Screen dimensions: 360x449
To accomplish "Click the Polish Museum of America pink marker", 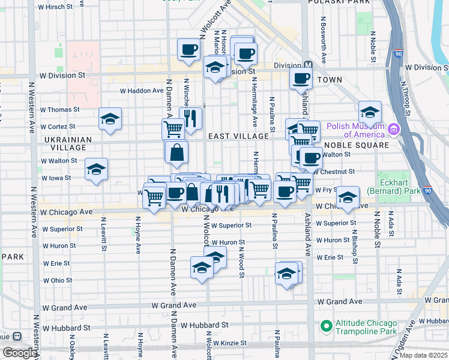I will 394,129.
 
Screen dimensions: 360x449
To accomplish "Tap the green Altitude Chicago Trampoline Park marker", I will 327,326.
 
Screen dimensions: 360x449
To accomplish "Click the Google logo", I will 20,353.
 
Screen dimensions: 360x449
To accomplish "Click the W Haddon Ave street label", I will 142,91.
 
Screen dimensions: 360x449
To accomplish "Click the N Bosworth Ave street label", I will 324,45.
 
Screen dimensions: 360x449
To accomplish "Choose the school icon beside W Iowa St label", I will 96,170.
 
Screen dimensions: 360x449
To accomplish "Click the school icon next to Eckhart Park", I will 348,198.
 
